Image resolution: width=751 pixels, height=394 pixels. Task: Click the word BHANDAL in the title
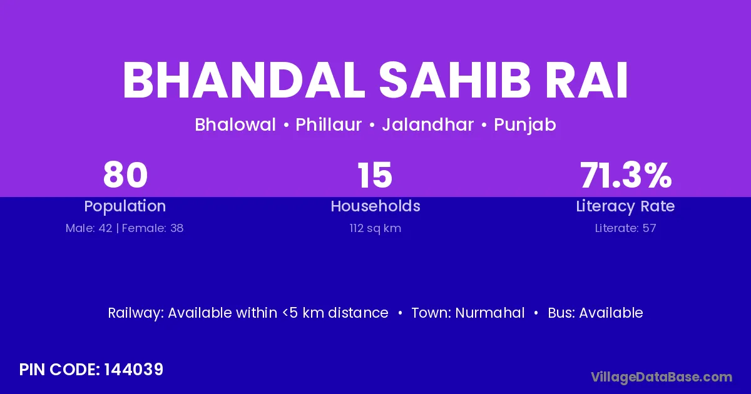(x=243, y=81)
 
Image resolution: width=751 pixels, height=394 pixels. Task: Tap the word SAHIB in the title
(x=454, y=81)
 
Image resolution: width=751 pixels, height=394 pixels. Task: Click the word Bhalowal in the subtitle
(x=235, y=124)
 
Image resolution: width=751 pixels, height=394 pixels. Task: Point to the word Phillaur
(x=329, y=124)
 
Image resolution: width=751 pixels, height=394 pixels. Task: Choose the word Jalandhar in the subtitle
(x=428, y=124)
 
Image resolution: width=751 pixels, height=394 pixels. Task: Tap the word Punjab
(x=525, y=125)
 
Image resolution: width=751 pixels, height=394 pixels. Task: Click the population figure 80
(x=125, y=175)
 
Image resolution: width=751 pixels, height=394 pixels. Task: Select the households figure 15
(x=375, y=175)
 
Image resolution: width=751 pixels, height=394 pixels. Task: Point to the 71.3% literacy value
(x=626, y=175)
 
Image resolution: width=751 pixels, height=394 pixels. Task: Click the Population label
(x=125, y=206)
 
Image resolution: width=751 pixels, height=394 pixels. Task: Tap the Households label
(x=375, y=206)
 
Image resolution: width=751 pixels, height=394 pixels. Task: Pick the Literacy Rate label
(x=625, y=206)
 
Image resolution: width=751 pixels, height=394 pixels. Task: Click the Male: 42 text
(x=89, y=228)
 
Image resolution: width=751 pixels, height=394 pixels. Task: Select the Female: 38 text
(x=153, y=228)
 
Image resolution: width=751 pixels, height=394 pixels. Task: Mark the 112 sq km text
(x=375, y=228)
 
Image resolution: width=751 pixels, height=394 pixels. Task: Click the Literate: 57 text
(x=625, y=228)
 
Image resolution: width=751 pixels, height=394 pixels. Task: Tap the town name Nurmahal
(x=490, y=313)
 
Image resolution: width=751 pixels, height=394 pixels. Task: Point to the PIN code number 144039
(x=134, y=370)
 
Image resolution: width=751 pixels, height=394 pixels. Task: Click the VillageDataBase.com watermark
(x=662, y=377)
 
